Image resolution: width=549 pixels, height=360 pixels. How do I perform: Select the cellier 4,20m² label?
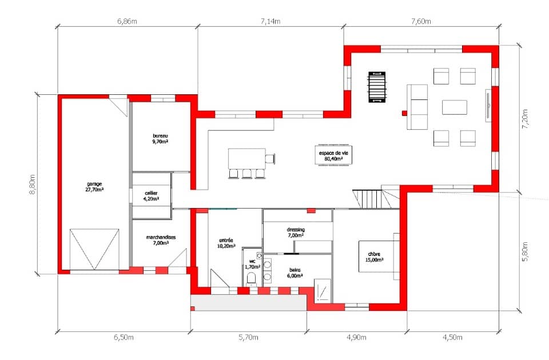click(x=151, y=196)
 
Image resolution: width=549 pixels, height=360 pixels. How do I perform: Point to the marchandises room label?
click(x=161, y=240)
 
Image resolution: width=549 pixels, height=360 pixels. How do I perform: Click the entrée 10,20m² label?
click(x=226, y=243)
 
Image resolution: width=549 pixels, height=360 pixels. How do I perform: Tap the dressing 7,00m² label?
click(x=296, y=232)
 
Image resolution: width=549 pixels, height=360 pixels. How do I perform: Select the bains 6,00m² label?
click(x=295, y=273)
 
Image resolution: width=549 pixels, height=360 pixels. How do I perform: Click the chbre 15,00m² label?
click(x=374, y=257)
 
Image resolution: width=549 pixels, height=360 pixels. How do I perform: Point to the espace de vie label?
click(x=335, y=157)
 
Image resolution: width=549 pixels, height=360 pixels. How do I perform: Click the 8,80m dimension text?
click(x=33, y=184)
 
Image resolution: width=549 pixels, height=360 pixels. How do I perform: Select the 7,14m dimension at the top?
click(x=270, y=22)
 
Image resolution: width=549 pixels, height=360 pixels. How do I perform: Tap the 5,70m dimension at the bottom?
click(x=248, y=338)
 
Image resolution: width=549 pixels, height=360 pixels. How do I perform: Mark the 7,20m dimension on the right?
click(x=526, y=118)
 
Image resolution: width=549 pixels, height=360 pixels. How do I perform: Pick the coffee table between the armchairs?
click(x=454, y=107)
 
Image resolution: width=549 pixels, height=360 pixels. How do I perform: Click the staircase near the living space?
click(x=368, y=199)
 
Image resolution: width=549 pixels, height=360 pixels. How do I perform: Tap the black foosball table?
click(x=376, y=87)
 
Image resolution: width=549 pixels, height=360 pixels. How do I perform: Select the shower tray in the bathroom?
click(x=322, y=289)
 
